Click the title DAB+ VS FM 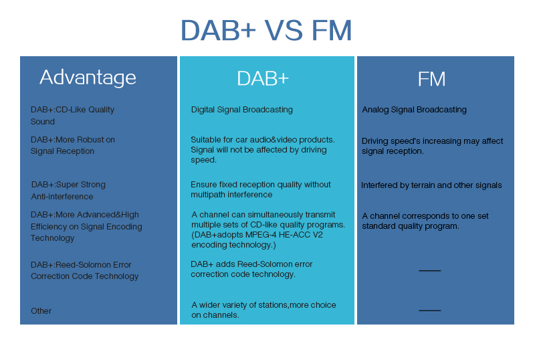pyautogui.click(x=266, y=31)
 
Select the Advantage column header pyautogui.click(x=88, y=78)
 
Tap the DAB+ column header pyautogui.click(x=263, y=78)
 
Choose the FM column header pyautogui.click(x=431, y=79)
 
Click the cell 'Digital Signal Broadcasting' pyautogui.click(x=241, y=110)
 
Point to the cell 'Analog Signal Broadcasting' pyautogui.click(x=414, y=110)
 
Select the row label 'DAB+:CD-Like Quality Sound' pyautogui.click(x=72, y=116)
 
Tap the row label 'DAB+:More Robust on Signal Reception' pyautogui.click(x=73, y=145)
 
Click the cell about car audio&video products pyautogui.click(x=262, y=150)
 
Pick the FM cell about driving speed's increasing pyautogui.click(x=432, y=146)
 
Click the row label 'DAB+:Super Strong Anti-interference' pyautogui.click(x=68, y=191)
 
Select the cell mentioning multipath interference pyautogui.click(x=260, y=189)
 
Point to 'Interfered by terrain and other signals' pyautogui.click(x=431, y=185)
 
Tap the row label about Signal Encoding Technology pyautogui.click(x=86, y=226)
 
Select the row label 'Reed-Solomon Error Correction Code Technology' pyautogui.click(x=84, y=270)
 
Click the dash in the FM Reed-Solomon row pyautogui.click(x=429, y=270)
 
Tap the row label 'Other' pyautogui.click(x=41, y=311)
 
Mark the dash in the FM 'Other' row pyautogui.click(x=429, y=310)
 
